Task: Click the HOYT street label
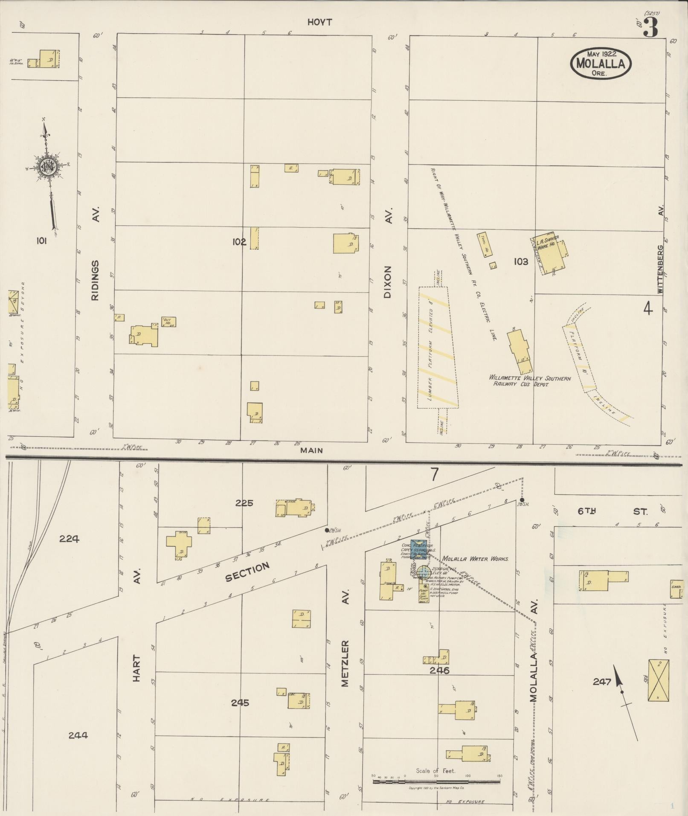319,23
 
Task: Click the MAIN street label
311,450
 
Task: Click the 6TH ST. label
613,511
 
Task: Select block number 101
41,241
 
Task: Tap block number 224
69,539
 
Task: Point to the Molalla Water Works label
475,558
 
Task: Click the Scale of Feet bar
436,782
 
